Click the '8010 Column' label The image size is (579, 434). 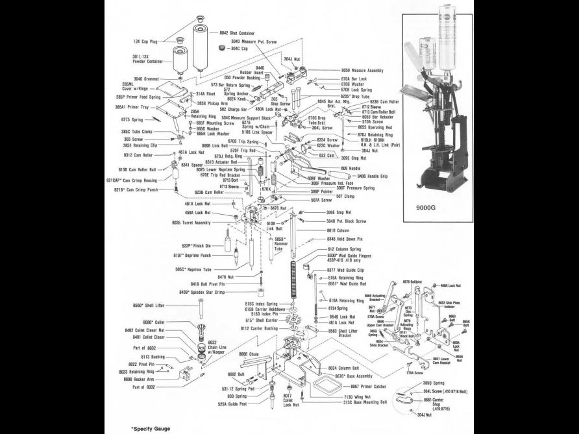(x=338, y=230)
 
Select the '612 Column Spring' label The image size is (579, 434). (x=343, y=249)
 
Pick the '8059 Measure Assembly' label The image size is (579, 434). (x=362, y=69)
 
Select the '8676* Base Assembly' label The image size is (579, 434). (x=354, y=376)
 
